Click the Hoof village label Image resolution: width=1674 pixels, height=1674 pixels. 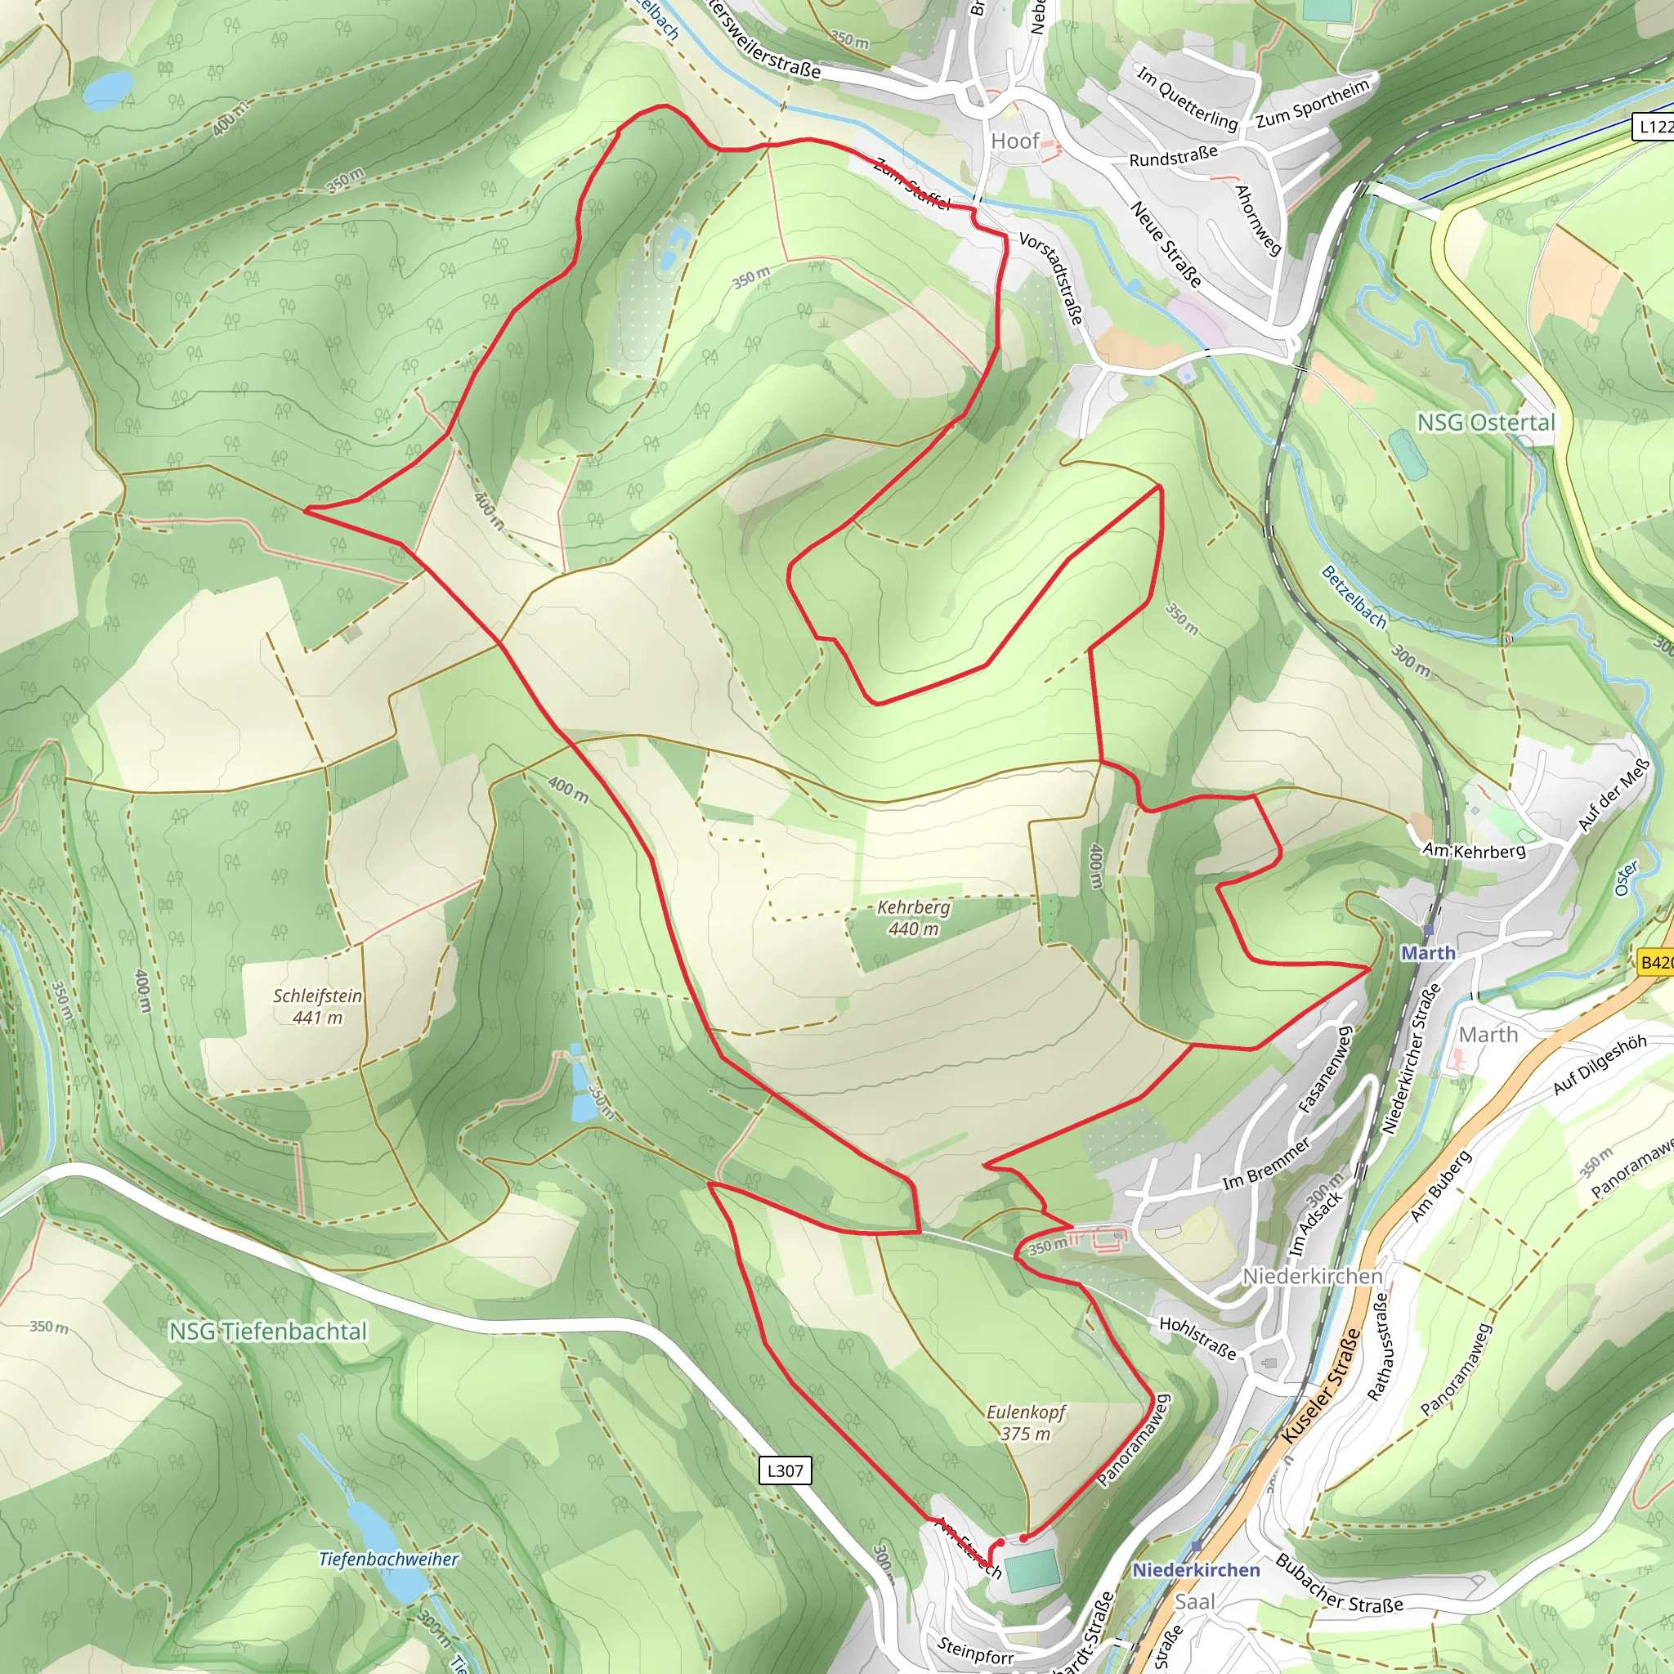[x=1014, y=141]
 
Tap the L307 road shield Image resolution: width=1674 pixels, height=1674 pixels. [x=785, y=1470]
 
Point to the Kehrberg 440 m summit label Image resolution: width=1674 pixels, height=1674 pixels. [x=913, y=918]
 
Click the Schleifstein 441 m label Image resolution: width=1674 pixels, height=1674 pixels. [x=317, y=1006]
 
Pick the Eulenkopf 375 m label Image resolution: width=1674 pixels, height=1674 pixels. [x=1026, y=1423]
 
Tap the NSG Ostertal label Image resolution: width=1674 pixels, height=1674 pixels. [x=1486, y=423]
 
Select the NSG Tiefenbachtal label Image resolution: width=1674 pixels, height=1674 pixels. [x=268, y=1332]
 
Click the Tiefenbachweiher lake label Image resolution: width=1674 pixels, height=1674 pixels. [x=388, y=1559]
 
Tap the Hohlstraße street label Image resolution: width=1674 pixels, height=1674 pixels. [x=1197, y=1338]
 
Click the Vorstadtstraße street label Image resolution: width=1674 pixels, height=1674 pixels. [x=1051, y=277]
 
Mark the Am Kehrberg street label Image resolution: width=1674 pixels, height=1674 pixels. [x=1474, y=851]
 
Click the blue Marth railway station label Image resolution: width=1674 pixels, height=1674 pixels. [x=1428, y=953]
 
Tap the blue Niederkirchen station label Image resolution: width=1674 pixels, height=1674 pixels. [x=1196, y=1570]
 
